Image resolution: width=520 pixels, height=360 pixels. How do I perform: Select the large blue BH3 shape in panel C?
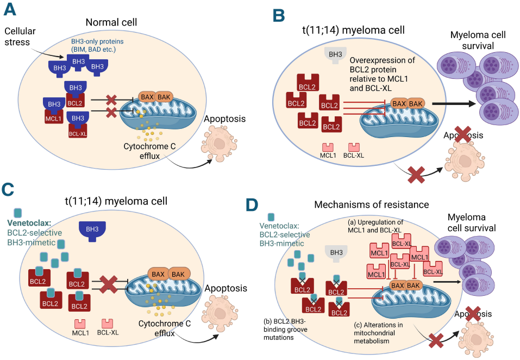tap(92, 230)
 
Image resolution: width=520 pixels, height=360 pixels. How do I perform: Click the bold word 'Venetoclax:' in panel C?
tap(30, 223)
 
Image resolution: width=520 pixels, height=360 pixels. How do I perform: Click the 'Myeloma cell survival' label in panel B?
tap(478, 40)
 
